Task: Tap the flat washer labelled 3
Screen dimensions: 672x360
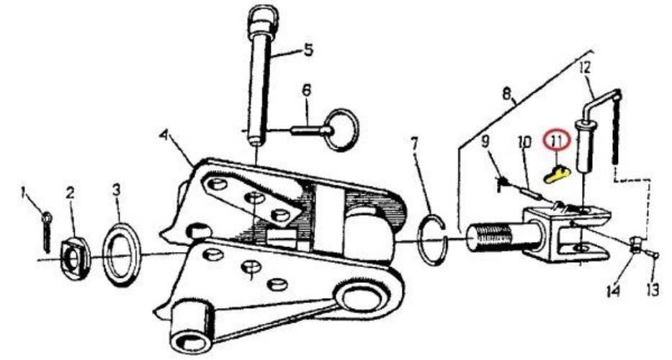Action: (122, 254)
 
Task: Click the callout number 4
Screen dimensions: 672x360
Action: (163, 136)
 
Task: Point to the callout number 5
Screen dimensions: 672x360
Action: (308, 50)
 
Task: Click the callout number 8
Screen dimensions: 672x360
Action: (507, 94)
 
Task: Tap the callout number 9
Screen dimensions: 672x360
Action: (485, 142)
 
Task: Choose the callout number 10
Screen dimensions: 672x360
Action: (524, 142)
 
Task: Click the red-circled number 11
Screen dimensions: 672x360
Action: (556, 140)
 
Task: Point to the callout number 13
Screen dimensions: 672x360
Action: (653, 291)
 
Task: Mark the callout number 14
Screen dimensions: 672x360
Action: (614, 291)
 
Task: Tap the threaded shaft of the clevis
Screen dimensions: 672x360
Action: (493, 237)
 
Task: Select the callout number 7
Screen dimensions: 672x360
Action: (414, 143)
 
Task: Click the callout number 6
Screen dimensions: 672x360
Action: (306, 91)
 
